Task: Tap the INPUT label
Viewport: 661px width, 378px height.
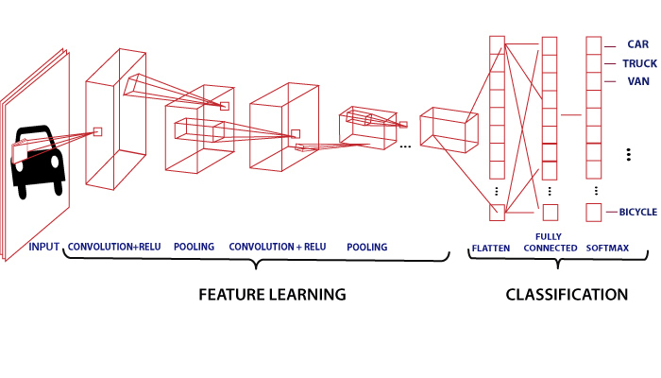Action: pyautogui.click(x=44, y=247)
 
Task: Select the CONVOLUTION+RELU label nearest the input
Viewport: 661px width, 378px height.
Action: pyautogui.click(x=114, y=247)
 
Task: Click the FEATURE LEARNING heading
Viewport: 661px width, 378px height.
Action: pyautogui.click(x=272, y=294)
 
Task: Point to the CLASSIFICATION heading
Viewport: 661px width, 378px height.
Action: pyautogui.click(x=567, y=294)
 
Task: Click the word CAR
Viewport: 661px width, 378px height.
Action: pyautogui.click(x=638, y=43)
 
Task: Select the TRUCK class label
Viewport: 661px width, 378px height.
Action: pyautogui.click(x=639, y=63)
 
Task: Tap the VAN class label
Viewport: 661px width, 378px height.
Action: pyautogui.click(x=638, y=81)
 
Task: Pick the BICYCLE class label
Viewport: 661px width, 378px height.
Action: pyautogui.click(x=637, y=213)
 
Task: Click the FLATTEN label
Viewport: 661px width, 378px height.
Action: pyautogui.click(x=491, y=249)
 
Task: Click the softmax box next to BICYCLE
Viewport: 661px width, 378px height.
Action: pyautogui.click(x=594, y=213)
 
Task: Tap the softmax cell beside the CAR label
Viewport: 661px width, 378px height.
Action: pyautogui.click(x=594, y=43)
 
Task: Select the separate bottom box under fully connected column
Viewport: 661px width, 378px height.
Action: pyautogui.click(x=550, y=213)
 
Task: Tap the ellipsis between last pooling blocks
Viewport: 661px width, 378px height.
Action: pyautogui.click(x=405, y=147)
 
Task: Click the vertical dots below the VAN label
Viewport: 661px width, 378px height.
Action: pyautogui.click(x=627, y=154)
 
